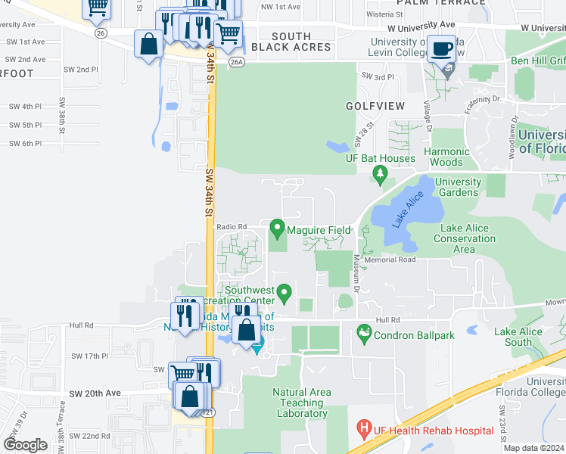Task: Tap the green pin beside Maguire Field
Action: click(277, 226)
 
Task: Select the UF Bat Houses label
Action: click(381, 159)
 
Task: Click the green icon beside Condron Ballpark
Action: click(364, 331)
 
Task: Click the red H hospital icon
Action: click(364, 430)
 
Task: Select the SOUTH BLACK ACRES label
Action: click(291, 42)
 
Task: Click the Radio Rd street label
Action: click(232, 226)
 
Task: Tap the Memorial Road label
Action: click(390, 260)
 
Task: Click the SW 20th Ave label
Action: click(96, 393)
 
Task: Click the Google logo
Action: click(26, 445)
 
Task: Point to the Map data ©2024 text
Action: click(533, 448)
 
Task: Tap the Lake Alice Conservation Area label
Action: click(465, 238)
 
